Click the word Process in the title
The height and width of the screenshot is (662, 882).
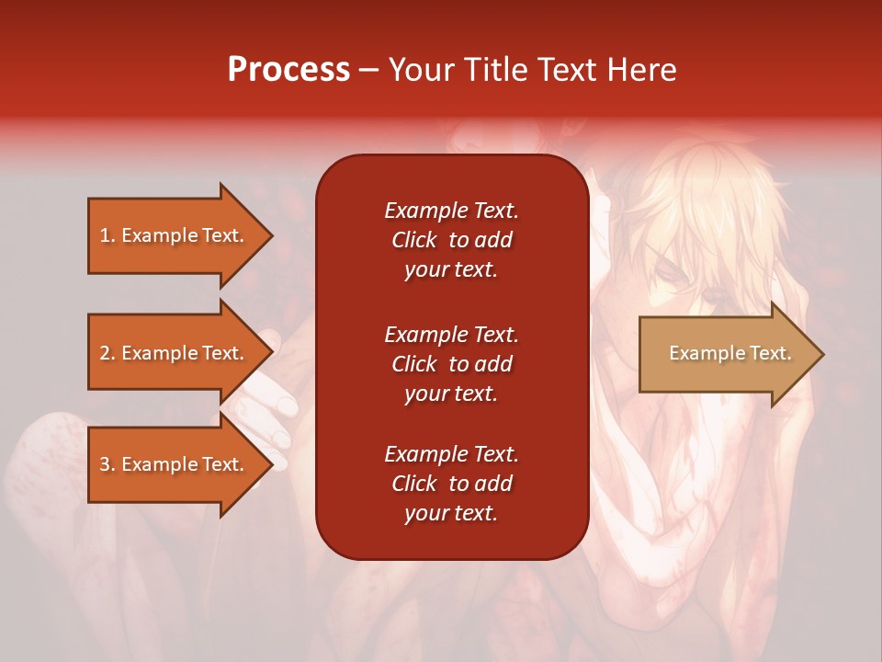pos(288,71)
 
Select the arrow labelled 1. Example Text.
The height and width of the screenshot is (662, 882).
pos(181,235)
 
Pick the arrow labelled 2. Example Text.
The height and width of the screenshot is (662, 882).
pos(181,352)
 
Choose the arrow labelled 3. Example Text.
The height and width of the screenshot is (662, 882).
pos(181,464)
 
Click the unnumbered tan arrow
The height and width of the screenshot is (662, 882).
pos(732,354)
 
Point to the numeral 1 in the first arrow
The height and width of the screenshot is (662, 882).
pos(104,235)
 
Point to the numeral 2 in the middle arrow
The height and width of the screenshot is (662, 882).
pos(105,353)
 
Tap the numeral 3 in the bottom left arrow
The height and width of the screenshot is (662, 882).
pos(105,464)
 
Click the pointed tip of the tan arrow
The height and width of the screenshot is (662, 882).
pos(824,354)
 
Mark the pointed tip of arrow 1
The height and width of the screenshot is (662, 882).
pos(273,235)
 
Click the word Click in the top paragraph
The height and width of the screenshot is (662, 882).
pos(414,240)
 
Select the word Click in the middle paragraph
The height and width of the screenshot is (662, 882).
pos(414,364)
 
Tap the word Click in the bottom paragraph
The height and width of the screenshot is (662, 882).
pos(414,483)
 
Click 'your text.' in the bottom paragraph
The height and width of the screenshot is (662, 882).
pos(451,513)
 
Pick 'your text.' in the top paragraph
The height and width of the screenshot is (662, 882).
pos(451,270)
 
